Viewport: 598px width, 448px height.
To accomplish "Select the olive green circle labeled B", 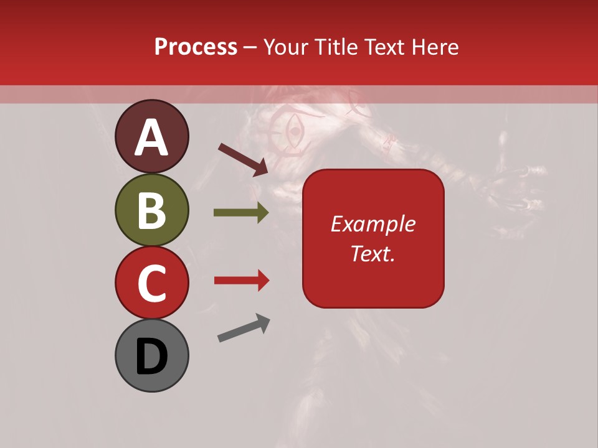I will (x=151, y=210).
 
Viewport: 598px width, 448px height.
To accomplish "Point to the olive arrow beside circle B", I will (x=241, y=213).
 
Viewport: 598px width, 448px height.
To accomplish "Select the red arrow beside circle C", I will (x=241, y=281).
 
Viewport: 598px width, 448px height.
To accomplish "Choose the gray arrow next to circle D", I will (x=244, y=328).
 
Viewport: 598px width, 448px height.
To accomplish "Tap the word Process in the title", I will (x=196, y=47).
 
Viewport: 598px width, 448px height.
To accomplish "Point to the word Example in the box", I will (x=373, y=224).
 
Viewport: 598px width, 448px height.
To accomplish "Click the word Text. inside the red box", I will (x=373, y=253).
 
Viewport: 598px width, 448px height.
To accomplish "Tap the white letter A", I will (x=151, y=138).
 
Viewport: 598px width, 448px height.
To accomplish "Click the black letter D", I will (x=151, y=357).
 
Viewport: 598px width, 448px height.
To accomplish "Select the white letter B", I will (x=151, y=210).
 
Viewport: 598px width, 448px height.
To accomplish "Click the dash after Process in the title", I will (x=250, y=47).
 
